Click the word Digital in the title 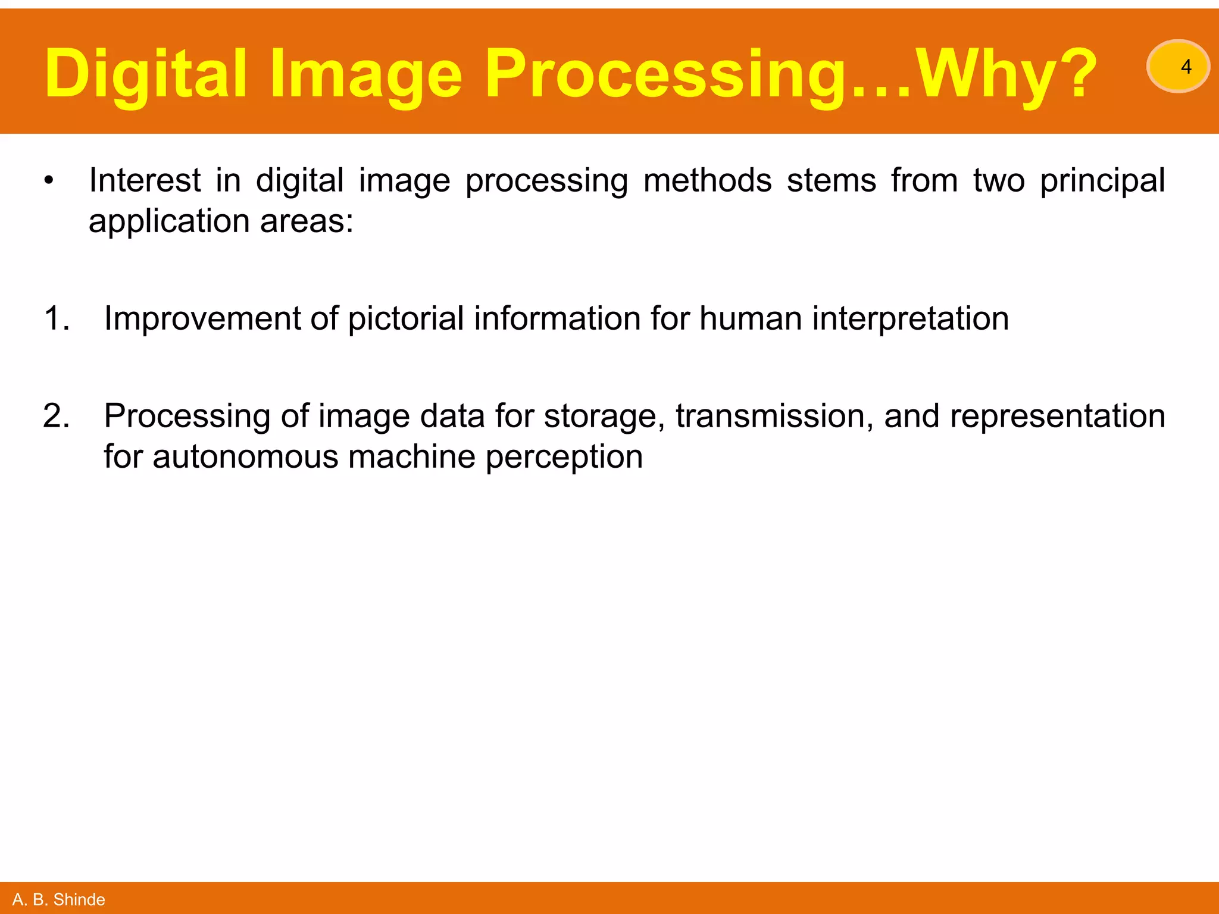click(x=145, y=74)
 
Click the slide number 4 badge click(x=1178, y=67)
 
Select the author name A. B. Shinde click(x=58, y=899)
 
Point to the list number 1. click(x=57, y=318)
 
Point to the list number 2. click(x=57, y=416)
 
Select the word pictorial click(x=405, y=318)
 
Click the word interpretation click(x=910, y=318)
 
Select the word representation click(x=1057, y=417)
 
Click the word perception click(x=564, y=457)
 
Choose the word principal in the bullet click(x=1102, y=181)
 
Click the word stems click(x=831, y=181)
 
